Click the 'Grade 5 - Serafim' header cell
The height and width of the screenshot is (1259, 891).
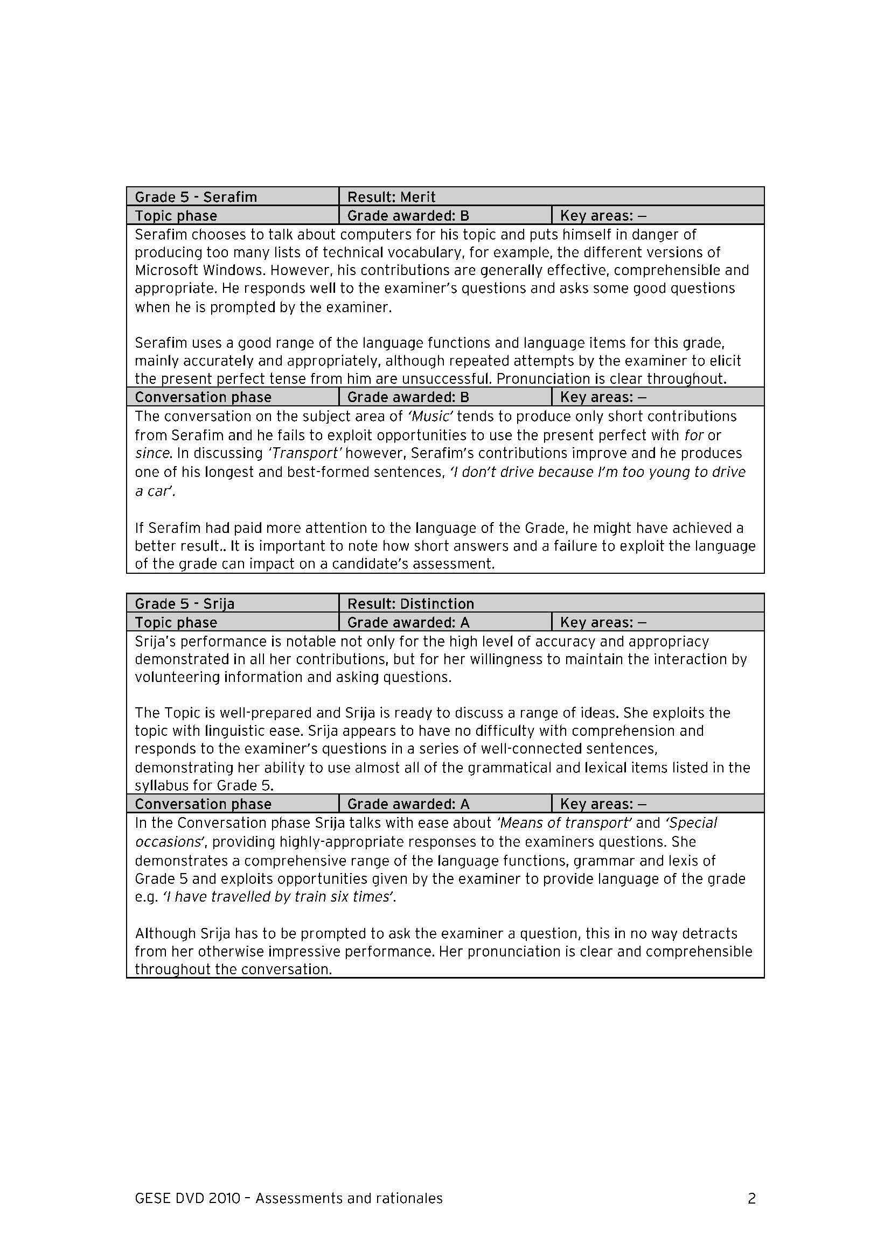point(196,197)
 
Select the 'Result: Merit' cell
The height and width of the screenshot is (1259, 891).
point(391,197)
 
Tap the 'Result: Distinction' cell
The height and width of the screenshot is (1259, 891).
point(410,604)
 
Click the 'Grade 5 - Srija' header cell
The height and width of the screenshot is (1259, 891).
point(184,604)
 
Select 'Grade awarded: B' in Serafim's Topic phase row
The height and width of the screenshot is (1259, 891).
point(408,215)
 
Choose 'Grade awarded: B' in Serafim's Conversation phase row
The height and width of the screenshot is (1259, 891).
point(408,397)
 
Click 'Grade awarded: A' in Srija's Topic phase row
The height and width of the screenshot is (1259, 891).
point(408,622)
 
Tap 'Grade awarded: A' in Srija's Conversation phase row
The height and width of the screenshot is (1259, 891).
point(408,804)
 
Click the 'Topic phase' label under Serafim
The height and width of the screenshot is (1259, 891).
point(176,215)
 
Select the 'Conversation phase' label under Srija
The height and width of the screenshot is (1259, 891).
point(203,804)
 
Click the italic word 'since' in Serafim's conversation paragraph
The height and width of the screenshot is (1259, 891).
point(152,453)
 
